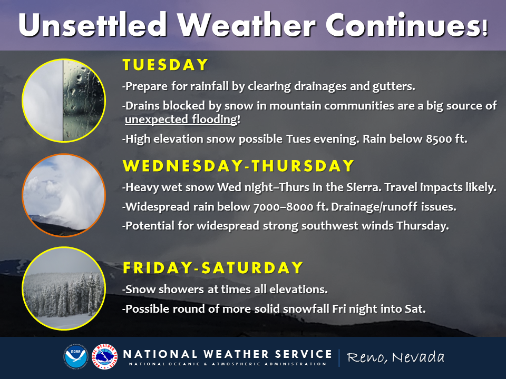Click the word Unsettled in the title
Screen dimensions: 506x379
(92, 25)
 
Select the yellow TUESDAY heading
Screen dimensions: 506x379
(165, 65)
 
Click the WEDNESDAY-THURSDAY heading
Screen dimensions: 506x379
(238, 166)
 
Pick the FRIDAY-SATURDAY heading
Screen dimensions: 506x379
(213, 268)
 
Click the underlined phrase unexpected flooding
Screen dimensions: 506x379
(181, 119)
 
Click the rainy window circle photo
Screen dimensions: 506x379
(64, 100)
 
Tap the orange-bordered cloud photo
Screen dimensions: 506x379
(64, 195)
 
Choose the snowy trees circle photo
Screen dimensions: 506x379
(64, 288)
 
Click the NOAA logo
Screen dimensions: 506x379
(76, 356)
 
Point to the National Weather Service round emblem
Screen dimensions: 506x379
(104, 356)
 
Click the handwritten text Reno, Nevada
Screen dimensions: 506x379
(395, 357)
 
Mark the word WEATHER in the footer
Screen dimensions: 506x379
(236, 354)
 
